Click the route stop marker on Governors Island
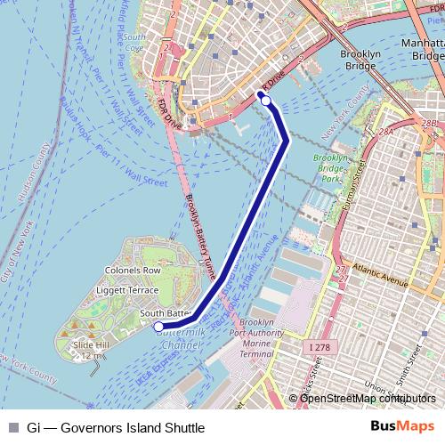158,327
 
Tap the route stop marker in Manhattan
266,101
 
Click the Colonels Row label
133,271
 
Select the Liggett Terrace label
131,290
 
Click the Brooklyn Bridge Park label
332,169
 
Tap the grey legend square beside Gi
13,427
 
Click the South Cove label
135,42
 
